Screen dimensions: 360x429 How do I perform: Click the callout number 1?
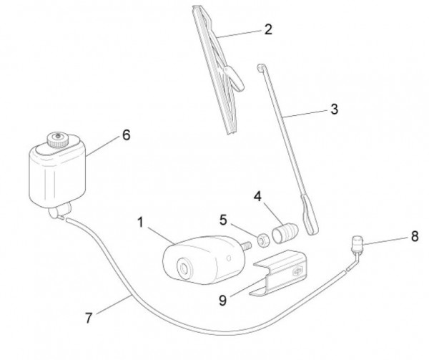pyautogui.click(x=141, y=224)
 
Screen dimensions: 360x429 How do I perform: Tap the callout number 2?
pyautogui.click(x=268, y=30)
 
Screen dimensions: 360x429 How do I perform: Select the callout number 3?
pyautogui.click(x=334, y=110)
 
